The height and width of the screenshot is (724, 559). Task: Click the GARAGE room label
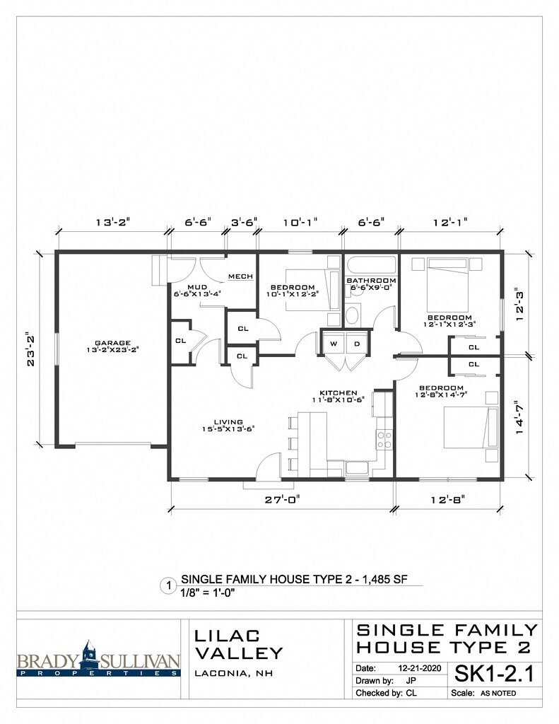click(112, 343)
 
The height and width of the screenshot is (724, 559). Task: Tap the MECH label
click(240, 276)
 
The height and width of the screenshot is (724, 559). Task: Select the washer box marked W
click(334, 344)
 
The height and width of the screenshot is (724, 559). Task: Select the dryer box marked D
click(357, 344)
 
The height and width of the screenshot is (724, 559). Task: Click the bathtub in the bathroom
click(372, 266)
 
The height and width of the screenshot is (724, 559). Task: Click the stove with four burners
click(384, 439)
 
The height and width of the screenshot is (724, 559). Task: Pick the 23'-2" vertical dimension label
click(31, 349)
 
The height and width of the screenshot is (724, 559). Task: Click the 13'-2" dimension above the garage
click(112, 222)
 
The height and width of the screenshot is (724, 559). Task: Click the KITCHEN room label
click(339, 393)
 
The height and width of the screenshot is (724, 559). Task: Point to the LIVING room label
click(228, 422)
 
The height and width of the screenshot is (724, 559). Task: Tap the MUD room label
click(197, 287)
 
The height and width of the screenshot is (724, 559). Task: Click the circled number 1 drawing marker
click(168, 586)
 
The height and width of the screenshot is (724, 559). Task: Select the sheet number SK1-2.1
click(494, 674)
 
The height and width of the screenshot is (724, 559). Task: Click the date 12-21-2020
click(420, 668)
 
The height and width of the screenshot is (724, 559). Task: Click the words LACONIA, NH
click(234, 674)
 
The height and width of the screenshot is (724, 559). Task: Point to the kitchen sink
click(357, 468)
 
